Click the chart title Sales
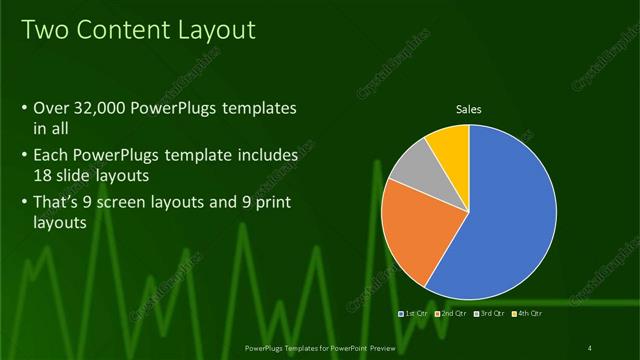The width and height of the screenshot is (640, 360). tap(468, 108)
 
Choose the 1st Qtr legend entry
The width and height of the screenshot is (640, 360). tap(415, 314)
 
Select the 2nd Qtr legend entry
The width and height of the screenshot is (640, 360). tap(452, 314)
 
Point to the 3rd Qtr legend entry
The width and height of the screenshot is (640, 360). tap(490, 314)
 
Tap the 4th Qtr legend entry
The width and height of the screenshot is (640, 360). tap(527, 314)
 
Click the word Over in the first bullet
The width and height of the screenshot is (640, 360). tap(50, 108)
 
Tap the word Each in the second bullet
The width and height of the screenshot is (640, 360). tap(51, 156)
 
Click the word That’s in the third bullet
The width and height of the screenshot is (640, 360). tap(58, 204)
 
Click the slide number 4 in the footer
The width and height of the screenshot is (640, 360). tap(590, 347)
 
